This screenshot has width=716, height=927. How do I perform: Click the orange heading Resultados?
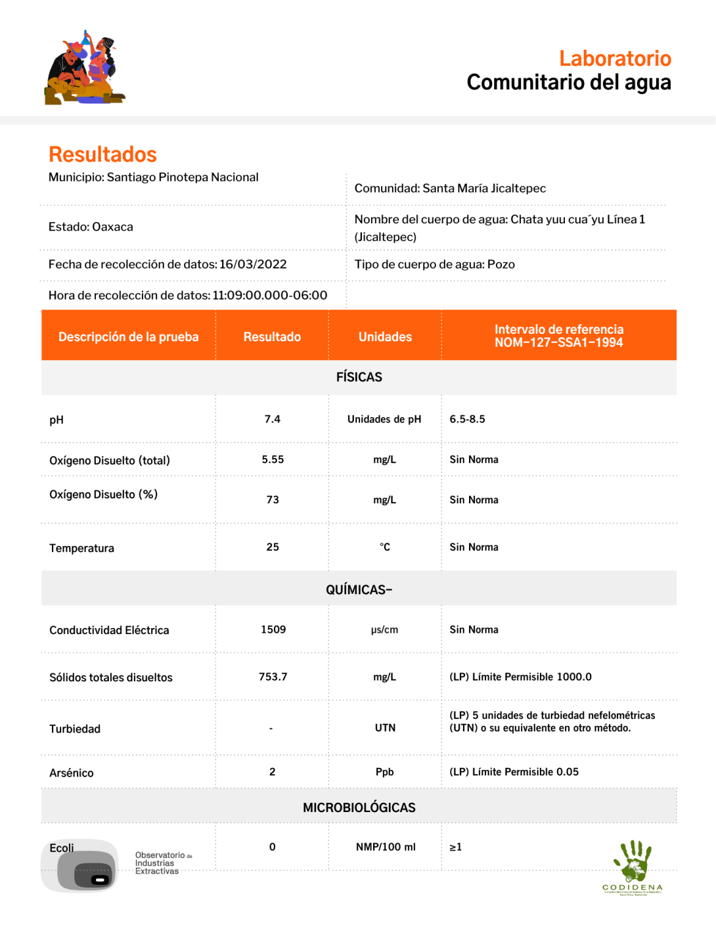click(102, 154)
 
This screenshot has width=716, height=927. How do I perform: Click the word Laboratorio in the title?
click(615, 58)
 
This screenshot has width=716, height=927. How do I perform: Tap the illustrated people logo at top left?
click(85, 68)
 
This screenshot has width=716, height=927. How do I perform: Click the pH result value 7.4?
click(273, 419)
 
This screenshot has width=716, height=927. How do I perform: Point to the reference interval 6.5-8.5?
click(467, 419)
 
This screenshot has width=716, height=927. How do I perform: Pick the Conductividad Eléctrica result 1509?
click(273, 629)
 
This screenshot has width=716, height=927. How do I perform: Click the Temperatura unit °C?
click(385, 547)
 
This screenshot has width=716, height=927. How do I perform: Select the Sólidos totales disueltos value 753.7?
click(273, 677)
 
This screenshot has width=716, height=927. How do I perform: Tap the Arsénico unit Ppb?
click(385, 772)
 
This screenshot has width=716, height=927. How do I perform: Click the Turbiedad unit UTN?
click(385, 728)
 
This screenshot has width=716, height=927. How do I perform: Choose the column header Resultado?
click(272, 337)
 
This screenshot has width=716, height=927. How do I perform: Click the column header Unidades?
click(385, 337)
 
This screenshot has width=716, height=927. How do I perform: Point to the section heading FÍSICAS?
click(359, 377)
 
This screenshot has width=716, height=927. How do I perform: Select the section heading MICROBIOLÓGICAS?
click(359, 807)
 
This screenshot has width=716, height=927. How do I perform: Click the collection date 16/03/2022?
click(253, 264)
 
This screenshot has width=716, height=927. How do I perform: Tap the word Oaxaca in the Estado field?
click(112, 227)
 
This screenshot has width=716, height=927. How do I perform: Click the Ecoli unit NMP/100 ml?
click(386, 847)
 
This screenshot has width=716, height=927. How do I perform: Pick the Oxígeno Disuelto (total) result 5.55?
click(273, 460)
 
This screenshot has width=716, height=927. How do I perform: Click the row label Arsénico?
click(72, 773)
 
